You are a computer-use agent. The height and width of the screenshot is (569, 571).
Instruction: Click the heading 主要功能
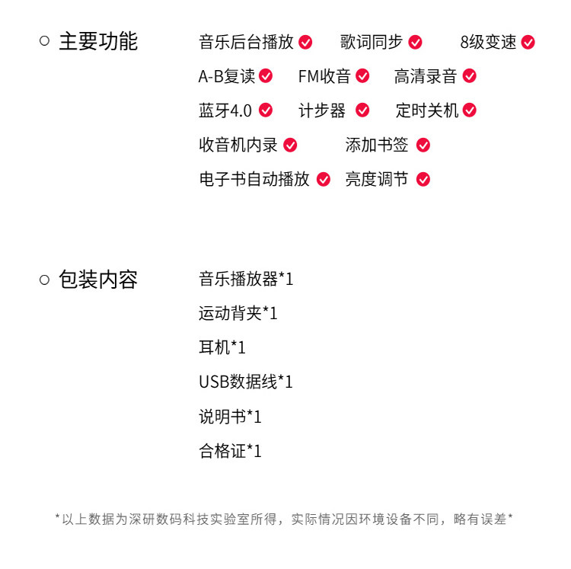pyautogui.click(x=97, y=41)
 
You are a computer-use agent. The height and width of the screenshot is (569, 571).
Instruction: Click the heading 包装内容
pyautogui.click(x=97, y=280)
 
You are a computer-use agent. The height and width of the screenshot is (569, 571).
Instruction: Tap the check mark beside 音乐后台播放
pyautogui.click(x=305, y=42)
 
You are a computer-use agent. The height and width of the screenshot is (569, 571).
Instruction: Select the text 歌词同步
pyautogui.click(x=371, y=42)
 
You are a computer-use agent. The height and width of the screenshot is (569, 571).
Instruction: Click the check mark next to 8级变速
pyautogui.click(x=528, y=42)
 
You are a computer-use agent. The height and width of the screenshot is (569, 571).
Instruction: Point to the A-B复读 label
pyautogui.click(x=226, y=76)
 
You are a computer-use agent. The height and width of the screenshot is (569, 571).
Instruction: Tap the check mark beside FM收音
pyautogui.click(x=362, y=76)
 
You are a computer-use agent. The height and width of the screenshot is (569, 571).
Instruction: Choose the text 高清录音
pyautogui.click(x=425, y=76)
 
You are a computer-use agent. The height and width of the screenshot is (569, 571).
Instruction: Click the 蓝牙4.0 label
pyautogui.click(x=225, y=110)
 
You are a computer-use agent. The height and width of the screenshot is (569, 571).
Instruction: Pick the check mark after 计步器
pyautogui.click(x=362, y=110)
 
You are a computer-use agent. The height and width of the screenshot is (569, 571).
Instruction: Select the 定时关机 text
pyautogui.click(x=426, y=110)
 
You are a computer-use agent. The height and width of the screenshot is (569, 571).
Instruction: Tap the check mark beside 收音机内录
pyautogui.click(x=290, y=145)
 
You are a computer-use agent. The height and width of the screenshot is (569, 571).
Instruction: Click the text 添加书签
pyautogui.click(x=376, y=145)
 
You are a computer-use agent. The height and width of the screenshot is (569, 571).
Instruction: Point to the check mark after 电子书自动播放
pyautogui.click(x=324, y=179)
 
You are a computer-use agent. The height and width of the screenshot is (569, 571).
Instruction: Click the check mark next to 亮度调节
pyautogui.click(x=423, y=179)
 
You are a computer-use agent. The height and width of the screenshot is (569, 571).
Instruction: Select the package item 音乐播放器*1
pyautogui.click(x=246, y=279)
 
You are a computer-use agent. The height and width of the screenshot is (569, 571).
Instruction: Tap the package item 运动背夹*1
pyautogui.click(x=238, y=313)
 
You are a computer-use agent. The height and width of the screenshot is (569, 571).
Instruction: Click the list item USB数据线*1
pyautogui.click(x=246, y=382)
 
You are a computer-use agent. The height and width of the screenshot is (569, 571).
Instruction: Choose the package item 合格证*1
pyautogui.click(x=230, y=451)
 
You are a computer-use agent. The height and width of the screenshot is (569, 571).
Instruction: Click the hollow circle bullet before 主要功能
pyautogui.click(x=44, y=41)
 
